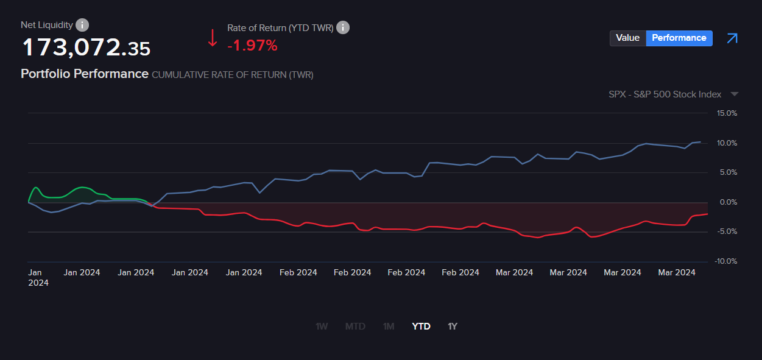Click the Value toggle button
627,38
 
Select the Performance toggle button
679,38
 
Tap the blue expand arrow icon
732,38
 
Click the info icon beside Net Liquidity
82,25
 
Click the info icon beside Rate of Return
343,27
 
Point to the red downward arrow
213,38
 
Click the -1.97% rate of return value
252,45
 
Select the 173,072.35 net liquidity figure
86,48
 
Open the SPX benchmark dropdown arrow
734,94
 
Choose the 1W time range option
322,326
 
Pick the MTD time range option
355,326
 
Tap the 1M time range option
389,326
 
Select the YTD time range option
421,326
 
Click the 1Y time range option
453,326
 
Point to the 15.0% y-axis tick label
727,113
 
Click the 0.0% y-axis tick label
728,202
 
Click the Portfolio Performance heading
85,74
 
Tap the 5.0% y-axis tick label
728,172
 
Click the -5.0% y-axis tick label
727,231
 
